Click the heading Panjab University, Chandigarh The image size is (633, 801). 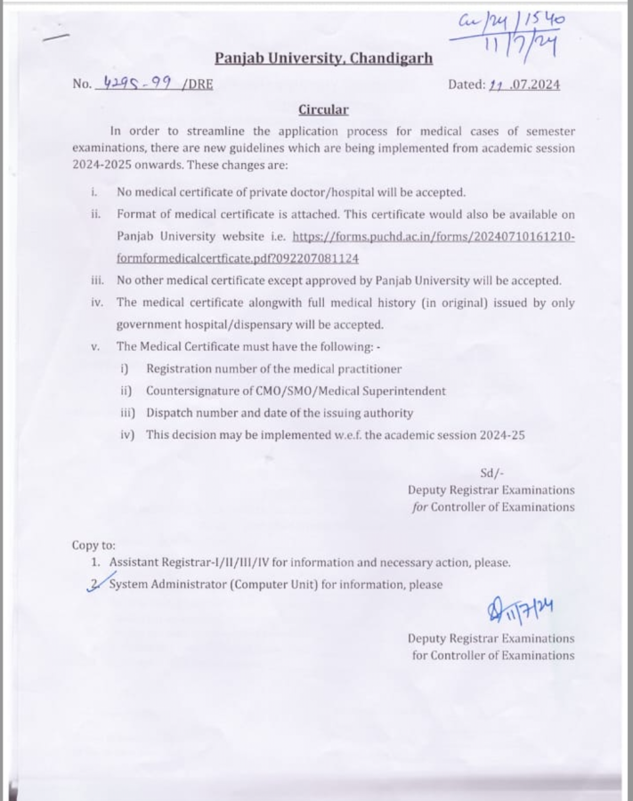pos(323,59)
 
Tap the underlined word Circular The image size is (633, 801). pos(323,110)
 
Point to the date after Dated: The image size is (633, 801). pos(524,85)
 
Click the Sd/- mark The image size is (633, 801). pos(491,473)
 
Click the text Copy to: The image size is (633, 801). pos(93,545)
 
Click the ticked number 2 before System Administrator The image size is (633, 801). pos(96,583)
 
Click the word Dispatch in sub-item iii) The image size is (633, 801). pos(171,413)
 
